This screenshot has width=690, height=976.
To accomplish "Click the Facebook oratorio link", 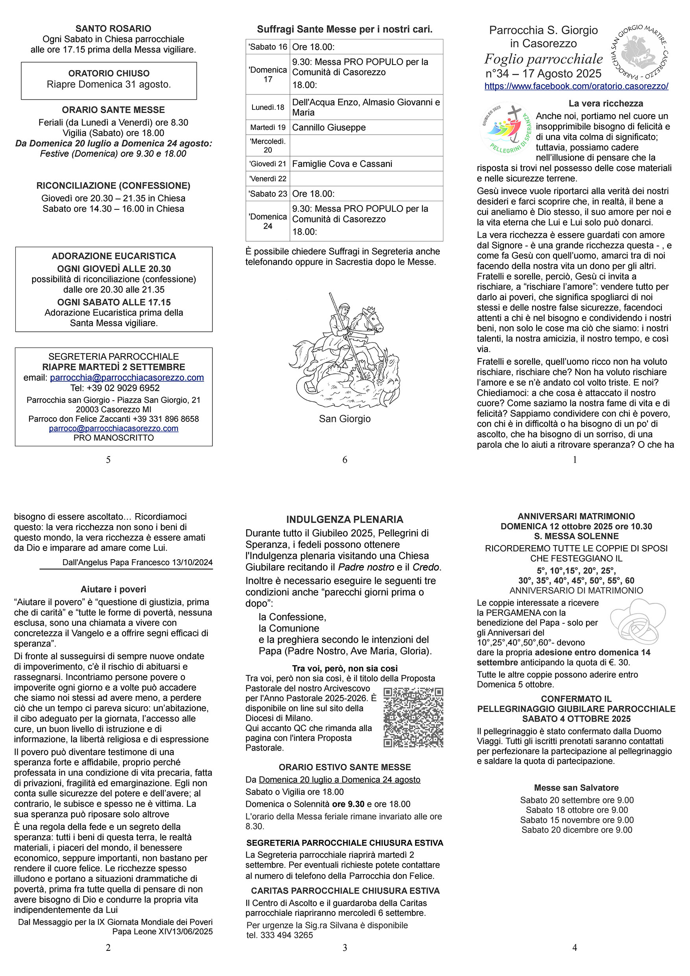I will pyautogui.click(x=576, y=86).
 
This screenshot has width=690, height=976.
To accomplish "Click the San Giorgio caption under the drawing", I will pyautogui.click(x=345, y=419).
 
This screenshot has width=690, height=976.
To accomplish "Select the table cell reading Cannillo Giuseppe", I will pyautogui.click(x=329, y=128).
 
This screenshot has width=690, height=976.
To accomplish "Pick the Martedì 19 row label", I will pyautogui.click(x=268, y=128).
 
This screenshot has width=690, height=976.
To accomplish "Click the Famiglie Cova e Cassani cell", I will pyautogui.click(x=342, y=164).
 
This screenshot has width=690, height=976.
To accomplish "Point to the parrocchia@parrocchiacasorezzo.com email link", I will pyautogui.click(x=127, y=377).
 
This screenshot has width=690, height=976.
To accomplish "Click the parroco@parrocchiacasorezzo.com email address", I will pyautogui.click(x=113, y=429).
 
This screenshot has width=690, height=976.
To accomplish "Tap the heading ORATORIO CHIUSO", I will pyautogui.click(x=109, y=74).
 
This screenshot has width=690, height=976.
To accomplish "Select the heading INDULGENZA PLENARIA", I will pyautogui.click(x=345, y=519).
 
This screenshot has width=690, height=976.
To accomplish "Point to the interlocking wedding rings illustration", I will pyautogui.click(x=637, y=621).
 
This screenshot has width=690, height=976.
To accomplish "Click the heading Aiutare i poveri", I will pyautogui.click(x=113, y=589).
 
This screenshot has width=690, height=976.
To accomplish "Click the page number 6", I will pyautogui.click(x=345, y=460).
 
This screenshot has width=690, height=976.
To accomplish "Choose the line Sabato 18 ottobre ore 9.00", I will pyautogui.click(x=577, y=810).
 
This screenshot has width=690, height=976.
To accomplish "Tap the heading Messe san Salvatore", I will pyautogui.click(x=576, y=787).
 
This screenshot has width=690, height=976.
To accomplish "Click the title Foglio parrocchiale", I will pyautogui.click(x=543, y=59).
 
